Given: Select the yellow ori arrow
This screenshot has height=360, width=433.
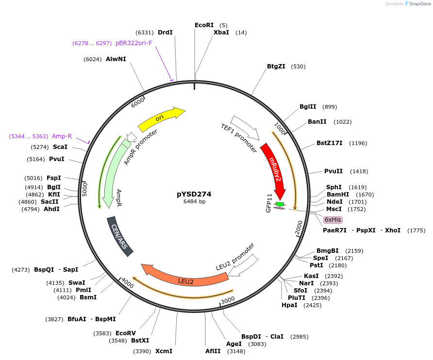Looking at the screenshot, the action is click(160, 118).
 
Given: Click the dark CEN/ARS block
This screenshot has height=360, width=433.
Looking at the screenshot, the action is click(119, 236).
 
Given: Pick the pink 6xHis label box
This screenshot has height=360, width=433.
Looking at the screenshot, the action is click(333, 220).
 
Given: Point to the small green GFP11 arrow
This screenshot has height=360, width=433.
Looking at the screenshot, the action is click(280, 204).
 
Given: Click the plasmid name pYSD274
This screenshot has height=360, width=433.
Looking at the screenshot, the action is click(194, 194).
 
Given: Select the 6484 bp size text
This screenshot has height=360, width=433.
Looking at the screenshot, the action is click(194, 202).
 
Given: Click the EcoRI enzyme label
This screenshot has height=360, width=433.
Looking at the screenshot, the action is click(204, 25).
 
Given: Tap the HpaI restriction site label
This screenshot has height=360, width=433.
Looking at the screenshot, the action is click(290, 305).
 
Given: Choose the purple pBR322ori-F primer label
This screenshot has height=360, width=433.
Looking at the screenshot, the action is click(133, 43).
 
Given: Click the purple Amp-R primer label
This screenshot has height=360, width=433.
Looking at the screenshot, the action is click(62, 136).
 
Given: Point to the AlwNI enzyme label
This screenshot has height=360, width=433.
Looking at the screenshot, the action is click(116, 59).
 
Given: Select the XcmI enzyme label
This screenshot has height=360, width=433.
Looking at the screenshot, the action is click(164, 351).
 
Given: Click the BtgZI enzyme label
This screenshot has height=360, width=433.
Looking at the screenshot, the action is click(276, 66).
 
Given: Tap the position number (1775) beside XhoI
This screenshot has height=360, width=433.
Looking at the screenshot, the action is click(416, 230).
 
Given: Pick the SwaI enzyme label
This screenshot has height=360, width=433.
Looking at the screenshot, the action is click(77, 282).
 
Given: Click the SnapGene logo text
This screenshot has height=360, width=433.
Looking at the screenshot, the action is click(419, 4).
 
